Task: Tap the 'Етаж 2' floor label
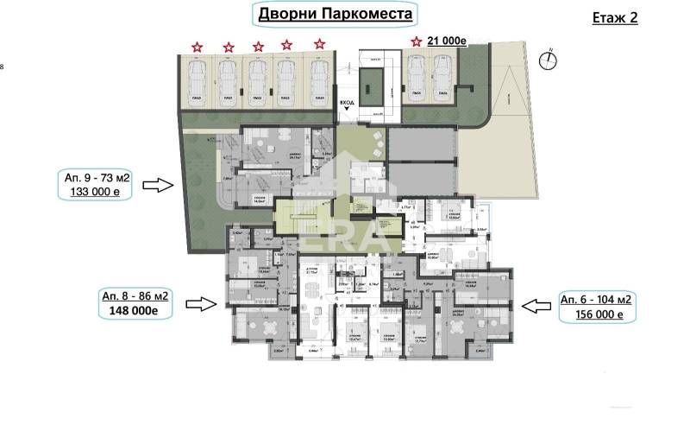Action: tap(616, 17)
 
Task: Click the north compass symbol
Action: tap(547, 60)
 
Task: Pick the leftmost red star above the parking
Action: tap(198, 47)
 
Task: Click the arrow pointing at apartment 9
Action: tap(158, 184)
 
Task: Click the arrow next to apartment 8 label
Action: tap(202, 303)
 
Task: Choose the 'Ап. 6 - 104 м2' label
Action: tap(596, 299)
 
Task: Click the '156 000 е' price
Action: tap(596, 314)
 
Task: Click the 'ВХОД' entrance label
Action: tap(347, 102)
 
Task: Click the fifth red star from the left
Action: tap(319, 44)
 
